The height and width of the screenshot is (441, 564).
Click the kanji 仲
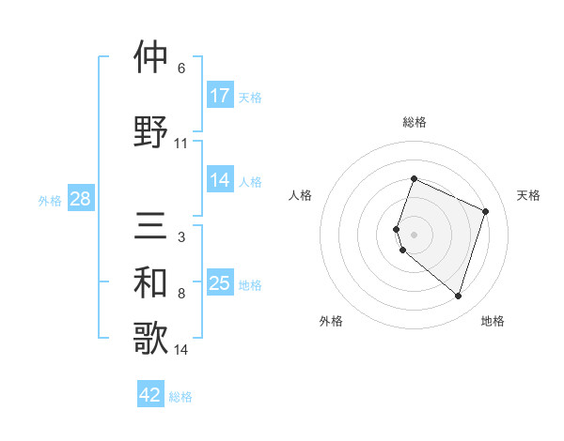pos(151,58)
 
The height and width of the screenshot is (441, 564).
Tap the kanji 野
pos(151,131)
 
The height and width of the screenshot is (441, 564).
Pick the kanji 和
pos(151,283)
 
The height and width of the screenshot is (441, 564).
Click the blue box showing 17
pos(219,96)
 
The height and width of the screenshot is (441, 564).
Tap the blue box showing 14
pos(219,181)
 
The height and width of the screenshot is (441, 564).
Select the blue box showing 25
pos(219,283)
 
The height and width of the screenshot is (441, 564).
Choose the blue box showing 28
pos(80,199)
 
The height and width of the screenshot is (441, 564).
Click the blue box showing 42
pos(150,395)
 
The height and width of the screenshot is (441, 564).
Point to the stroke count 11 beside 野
pos(181,144)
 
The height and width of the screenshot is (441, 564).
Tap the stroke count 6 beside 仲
pos(181,68)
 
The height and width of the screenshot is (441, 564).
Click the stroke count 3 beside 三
pos(181,237)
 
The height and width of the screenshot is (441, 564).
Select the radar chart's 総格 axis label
pos(415,122)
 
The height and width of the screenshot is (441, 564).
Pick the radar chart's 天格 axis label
pos(528,195)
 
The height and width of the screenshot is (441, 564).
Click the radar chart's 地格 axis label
pos(493,321)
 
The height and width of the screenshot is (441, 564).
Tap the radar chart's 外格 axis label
pos(331,321)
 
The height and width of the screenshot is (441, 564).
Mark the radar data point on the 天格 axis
pos(486,211)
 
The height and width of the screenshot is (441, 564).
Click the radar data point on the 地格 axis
pos(458,297)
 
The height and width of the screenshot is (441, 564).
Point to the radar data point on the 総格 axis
pos(414,179)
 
